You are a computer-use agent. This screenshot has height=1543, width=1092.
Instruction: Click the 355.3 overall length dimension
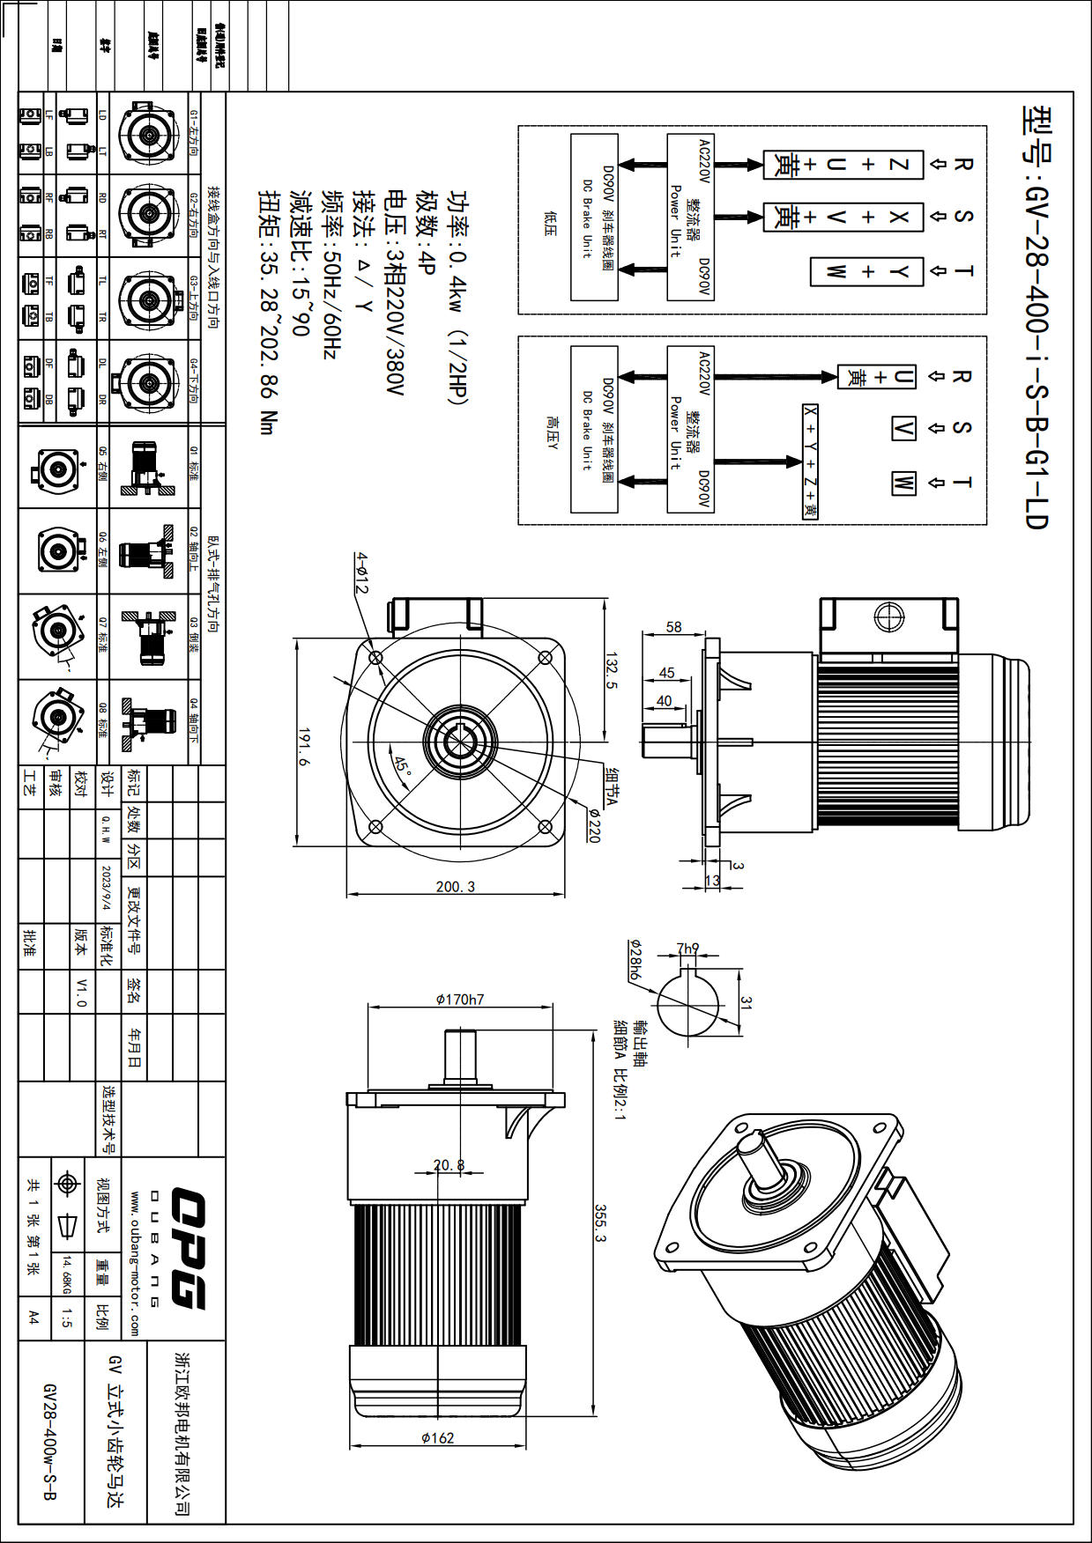[x=601, y=1223]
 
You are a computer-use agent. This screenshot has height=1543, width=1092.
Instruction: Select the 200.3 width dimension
[x=455, y=886]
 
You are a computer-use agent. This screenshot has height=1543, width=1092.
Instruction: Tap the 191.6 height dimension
[x=304, y=747]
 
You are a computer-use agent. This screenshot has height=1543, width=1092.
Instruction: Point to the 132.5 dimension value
[x=611, y=670]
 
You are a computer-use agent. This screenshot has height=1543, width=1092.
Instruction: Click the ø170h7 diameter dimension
[x=460, y=1000]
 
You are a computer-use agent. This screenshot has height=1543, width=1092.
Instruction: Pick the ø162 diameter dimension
[x=437, y=1437]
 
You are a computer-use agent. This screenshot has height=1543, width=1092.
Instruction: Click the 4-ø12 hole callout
[x=362, y=573]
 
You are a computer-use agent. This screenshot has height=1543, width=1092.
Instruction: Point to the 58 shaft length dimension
[x=673, y=627]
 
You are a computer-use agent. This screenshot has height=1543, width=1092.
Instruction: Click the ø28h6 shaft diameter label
[x=635, y=960]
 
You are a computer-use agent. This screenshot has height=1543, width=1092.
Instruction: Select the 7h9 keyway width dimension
[x=687, y=949]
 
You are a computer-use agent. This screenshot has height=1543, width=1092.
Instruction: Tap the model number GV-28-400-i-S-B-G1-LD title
[x=1036, y=317]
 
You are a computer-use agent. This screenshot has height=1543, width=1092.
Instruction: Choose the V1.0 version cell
[x=81, y=992]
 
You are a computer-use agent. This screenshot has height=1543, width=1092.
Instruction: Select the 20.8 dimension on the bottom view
[x=449, y=1164]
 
